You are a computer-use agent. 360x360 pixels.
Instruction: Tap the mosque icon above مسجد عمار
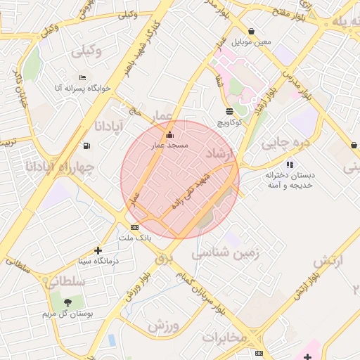(169, 134)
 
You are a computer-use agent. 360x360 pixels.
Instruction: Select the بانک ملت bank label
(134, 238)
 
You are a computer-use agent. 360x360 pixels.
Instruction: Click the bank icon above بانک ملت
(134, 227)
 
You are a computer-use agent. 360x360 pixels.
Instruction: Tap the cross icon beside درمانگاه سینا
(98, 250)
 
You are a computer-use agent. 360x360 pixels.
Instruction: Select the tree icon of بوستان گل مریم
(67, 302)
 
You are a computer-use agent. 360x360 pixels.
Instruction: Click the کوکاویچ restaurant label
(230, 122)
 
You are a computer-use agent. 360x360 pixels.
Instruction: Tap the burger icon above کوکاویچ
(230, 111)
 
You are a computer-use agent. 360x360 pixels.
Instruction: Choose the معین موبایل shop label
(255, 42)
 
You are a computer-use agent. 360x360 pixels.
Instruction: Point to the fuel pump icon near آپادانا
(86, 146)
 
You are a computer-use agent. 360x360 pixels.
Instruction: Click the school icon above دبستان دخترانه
(290, 165)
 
